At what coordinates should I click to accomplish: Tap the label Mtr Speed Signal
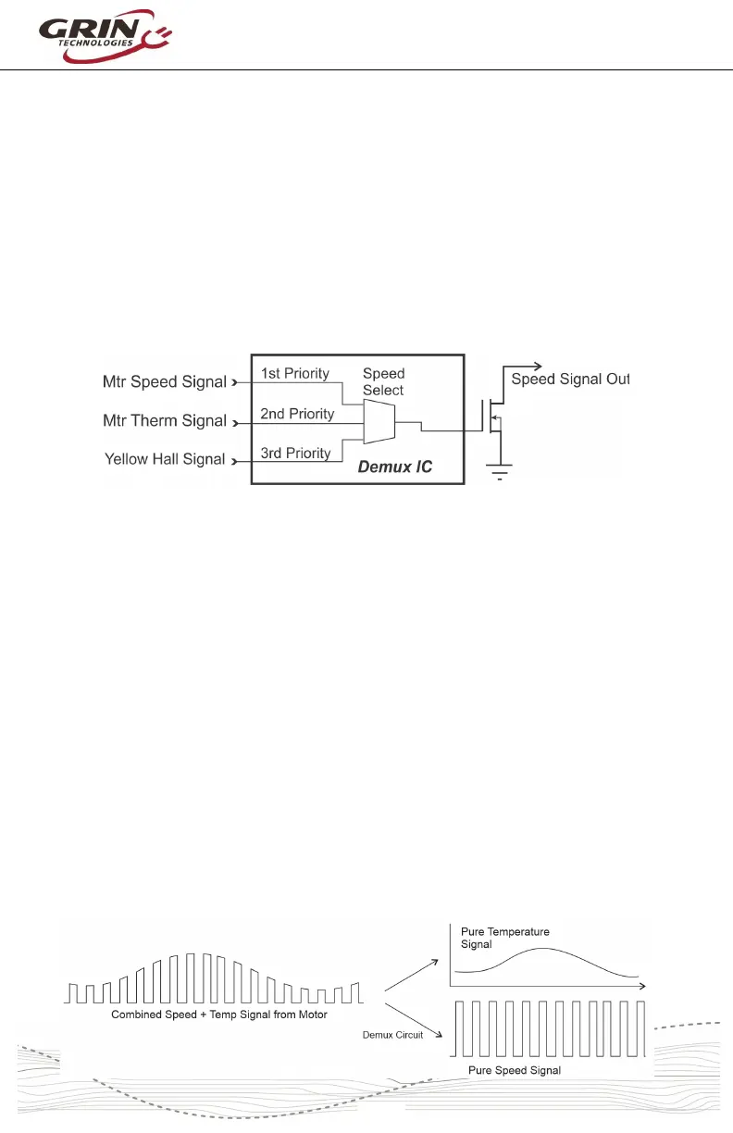point(163,382)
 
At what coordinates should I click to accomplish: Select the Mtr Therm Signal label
point(165,421)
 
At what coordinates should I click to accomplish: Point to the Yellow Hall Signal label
point(165,459)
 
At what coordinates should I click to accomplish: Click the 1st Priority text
point(295,374)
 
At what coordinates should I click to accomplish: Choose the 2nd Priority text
point(296,414)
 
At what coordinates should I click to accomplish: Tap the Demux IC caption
point(395,468)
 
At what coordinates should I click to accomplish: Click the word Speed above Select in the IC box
point(383,375)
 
